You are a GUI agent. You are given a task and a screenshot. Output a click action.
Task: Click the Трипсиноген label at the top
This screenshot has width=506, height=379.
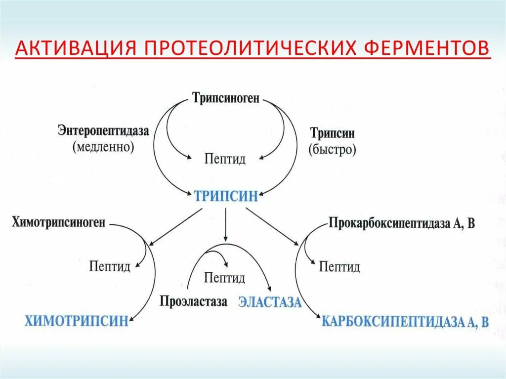tap(226, 98)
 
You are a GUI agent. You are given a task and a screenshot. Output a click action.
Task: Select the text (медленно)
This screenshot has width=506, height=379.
tap(103, 148)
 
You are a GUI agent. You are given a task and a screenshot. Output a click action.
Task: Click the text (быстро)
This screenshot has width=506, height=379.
tap(333, 150)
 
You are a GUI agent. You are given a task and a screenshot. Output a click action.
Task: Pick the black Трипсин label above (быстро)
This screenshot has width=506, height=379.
tap(333, 133)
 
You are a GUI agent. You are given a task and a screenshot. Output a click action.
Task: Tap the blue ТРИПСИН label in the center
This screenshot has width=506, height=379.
tap(225, 196)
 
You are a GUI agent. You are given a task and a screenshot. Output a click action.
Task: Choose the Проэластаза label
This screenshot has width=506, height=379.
tap(194, 301)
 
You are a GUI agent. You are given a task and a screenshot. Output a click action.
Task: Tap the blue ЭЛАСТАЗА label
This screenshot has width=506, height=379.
tap(270, 302)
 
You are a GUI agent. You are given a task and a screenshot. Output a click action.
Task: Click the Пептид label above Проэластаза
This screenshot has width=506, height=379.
tap(225, 278)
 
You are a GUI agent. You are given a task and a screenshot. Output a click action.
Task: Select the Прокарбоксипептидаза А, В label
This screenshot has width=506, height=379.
tap(401, 223)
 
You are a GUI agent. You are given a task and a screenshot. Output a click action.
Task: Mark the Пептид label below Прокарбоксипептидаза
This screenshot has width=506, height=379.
tap(339, 267)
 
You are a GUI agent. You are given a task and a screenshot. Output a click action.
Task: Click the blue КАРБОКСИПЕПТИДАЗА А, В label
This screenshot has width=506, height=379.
tap(405, 322)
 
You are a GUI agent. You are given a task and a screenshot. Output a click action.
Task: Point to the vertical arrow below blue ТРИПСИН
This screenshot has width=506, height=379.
tap(225, 225)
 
